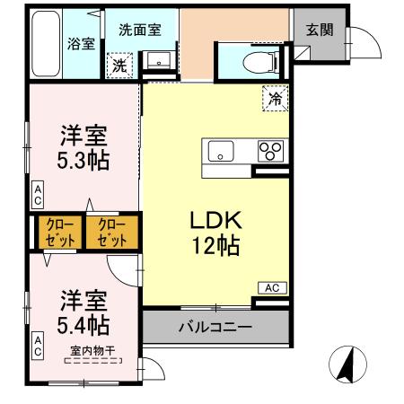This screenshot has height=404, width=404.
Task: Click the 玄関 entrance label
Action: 319,29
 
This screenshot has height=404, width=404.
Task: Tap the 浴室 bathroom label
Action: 82,43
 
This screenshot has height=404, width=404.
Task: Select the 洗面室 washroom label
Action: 140,29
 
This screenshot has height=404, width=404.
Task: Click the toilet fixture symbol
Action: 261,60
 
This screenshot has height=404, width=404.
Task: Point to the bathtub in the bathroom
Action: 45,45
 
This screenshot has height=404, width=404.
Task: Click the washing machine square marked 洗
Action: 119,65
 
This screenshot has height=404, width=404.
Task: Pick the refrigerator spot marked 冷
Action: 275,99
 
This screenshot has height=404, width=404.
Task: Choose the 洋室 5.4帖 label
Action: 83,309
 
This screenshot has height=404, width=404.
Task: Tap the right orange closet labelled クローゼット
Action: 112,233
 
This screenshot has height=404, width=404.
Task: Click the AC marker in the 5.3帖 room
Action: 38,194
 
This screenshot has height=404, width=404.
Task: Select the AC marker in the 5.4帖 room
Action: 38,345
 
